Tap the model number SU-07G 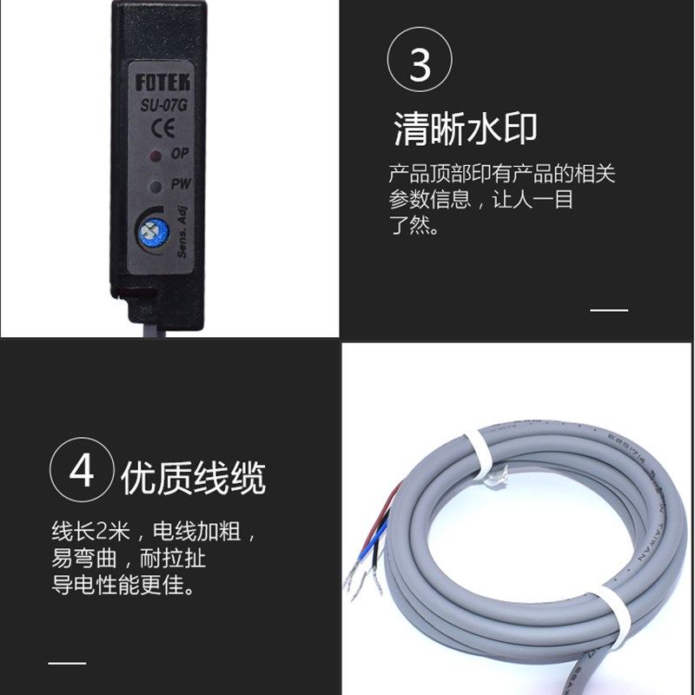coord(162,108)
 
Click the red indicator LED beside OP coord(156,156)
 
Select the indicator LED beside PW coord(156,186)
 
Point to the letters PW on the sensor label coord(181,184)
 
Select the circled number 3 coord(420,64)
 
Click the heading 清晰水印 coord(465,129)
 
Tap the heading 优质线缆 coord(193,479)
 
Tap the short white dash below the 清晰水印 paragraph coord(608,309)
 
